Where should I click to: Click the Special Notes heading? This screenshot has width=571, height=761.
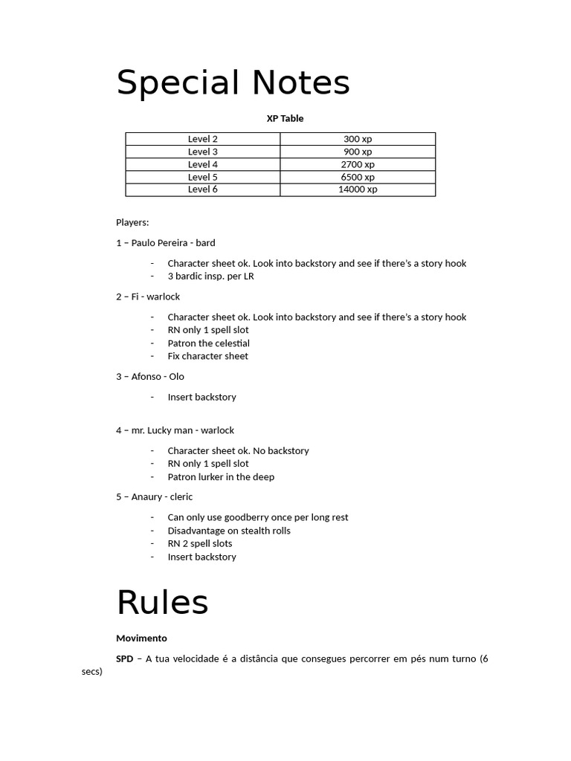(x=233, y=83)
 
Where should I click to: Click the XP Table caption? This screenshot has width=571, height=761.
(x=285, y=118)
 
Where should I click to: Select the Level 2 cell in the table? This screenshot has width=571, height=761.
(x=202, y=139)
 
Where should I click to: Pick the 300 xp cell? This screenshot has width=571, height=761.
(x=358, y=139)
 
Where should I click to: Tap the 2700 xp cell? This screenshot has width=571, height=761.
(x=358, y=164)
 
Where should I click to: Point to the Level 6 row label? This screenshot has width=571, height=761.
(x=202, y=189)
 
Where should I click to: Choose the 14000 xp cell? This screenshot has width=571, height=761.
(x=358, y=189)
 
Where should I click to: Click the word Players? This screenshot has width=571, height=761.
(x=132, y=222)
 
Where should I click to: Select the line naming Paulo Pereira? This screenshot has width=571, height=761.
(x=165, y=243)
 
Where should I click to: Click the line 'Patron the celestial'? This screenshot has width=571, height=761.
(x=208, y=343)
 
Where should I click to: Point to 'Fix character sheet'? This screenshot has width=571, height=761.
(x=207, y=356)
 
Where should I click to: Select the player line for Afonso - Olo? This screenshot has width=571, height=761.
(x=149, y=377)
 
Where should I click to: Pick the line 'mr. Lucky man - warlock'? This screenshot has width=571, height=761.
(x=175, y=430)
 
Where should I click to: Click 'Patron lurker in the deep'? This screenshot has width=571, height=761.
(x=221, y=477)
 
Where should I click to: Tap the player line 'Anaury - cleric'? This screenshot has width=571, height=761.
(x=154, y=496)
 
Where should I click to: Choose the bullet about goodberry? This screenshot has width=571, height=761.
(x=257, y=517)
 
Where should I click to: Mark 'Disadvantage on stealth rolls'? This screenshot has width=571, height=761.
(x=229, y=531)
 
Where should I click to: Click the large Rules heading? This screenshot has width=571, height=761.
(x=162, y=603)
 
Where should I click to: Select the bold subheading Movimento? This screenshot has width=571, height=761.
(x=141, y=638)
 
